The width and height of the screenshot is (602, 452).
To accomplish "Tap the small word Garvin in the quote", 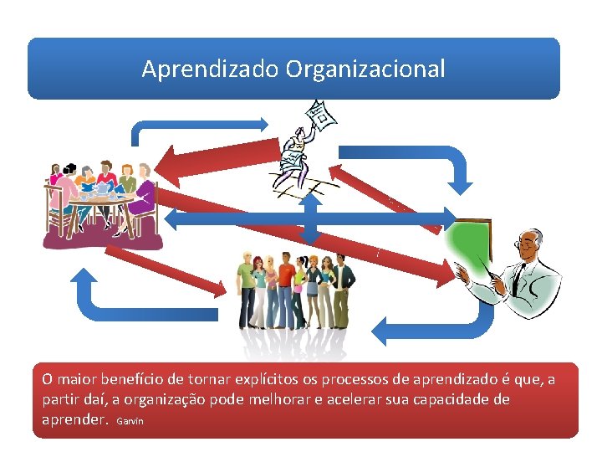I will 130,421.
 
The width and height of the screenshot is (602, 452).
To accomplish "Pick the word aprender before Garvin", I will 75,419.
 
